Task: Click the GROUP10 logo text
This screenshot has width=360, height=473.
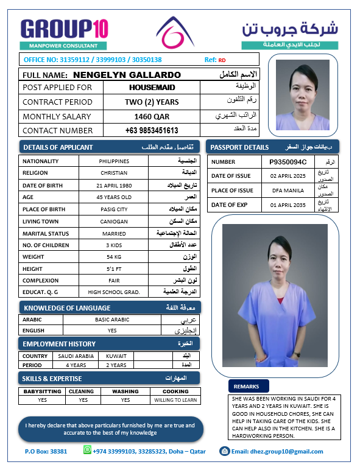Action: click(x=64, y=29)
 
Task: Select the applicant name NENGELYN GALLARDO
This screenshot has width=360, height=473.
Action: click(x=127, y=75)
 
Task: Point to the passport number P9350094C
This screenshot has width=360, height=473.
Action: click(x=292, y=162)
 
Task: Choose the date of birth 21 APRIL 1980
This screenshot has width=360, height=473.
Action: click(x=114, y=185)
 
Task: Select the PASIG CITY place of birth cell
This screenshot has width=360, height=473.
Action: click(x=114, y=209)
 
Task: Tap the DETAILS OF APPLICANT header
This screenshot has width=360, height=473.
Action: click(x=58, y=147)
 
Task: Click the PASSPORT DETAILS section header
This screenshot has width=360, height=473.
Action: click(x=239, y=147)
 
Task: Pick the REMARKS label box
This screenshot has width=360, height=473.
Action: click(x=246, y=386)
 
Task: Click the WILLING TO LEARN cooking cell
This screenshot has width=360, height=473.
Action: click(x=175, y=400)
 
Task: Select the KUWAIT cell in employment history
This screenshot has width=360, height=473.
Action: click(x=116, y=356)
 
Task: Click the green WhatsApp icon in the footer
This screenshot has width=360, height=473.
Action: click(x=86, y=450)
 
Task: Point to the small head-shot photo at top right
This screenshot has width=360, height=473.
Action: click(x=303, y=94)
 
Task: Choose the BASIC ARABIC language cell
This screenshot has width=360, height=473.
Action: click(x=112, y=319)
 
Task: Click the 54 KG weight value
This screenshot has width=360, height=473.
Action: click(x=114, y=256)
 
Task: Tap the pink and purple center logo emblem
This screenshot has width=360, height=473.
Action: click(x=175, y=33)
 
